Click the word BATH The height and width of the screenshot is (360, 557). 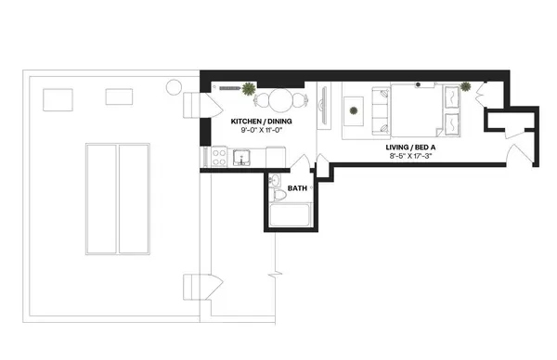tap(297, 188)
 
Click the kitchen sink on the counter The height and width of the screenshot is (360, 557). tap(243, 158)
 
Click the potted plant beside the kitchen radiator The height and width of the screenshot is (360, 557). tap(249, 89)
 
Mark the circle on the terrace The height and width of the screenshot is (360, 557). tap(175, 88)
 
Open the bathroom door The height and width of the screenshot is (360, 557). tap(300, 167)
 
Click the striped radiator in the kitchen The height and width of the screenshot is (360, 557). tap(226, 87)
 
